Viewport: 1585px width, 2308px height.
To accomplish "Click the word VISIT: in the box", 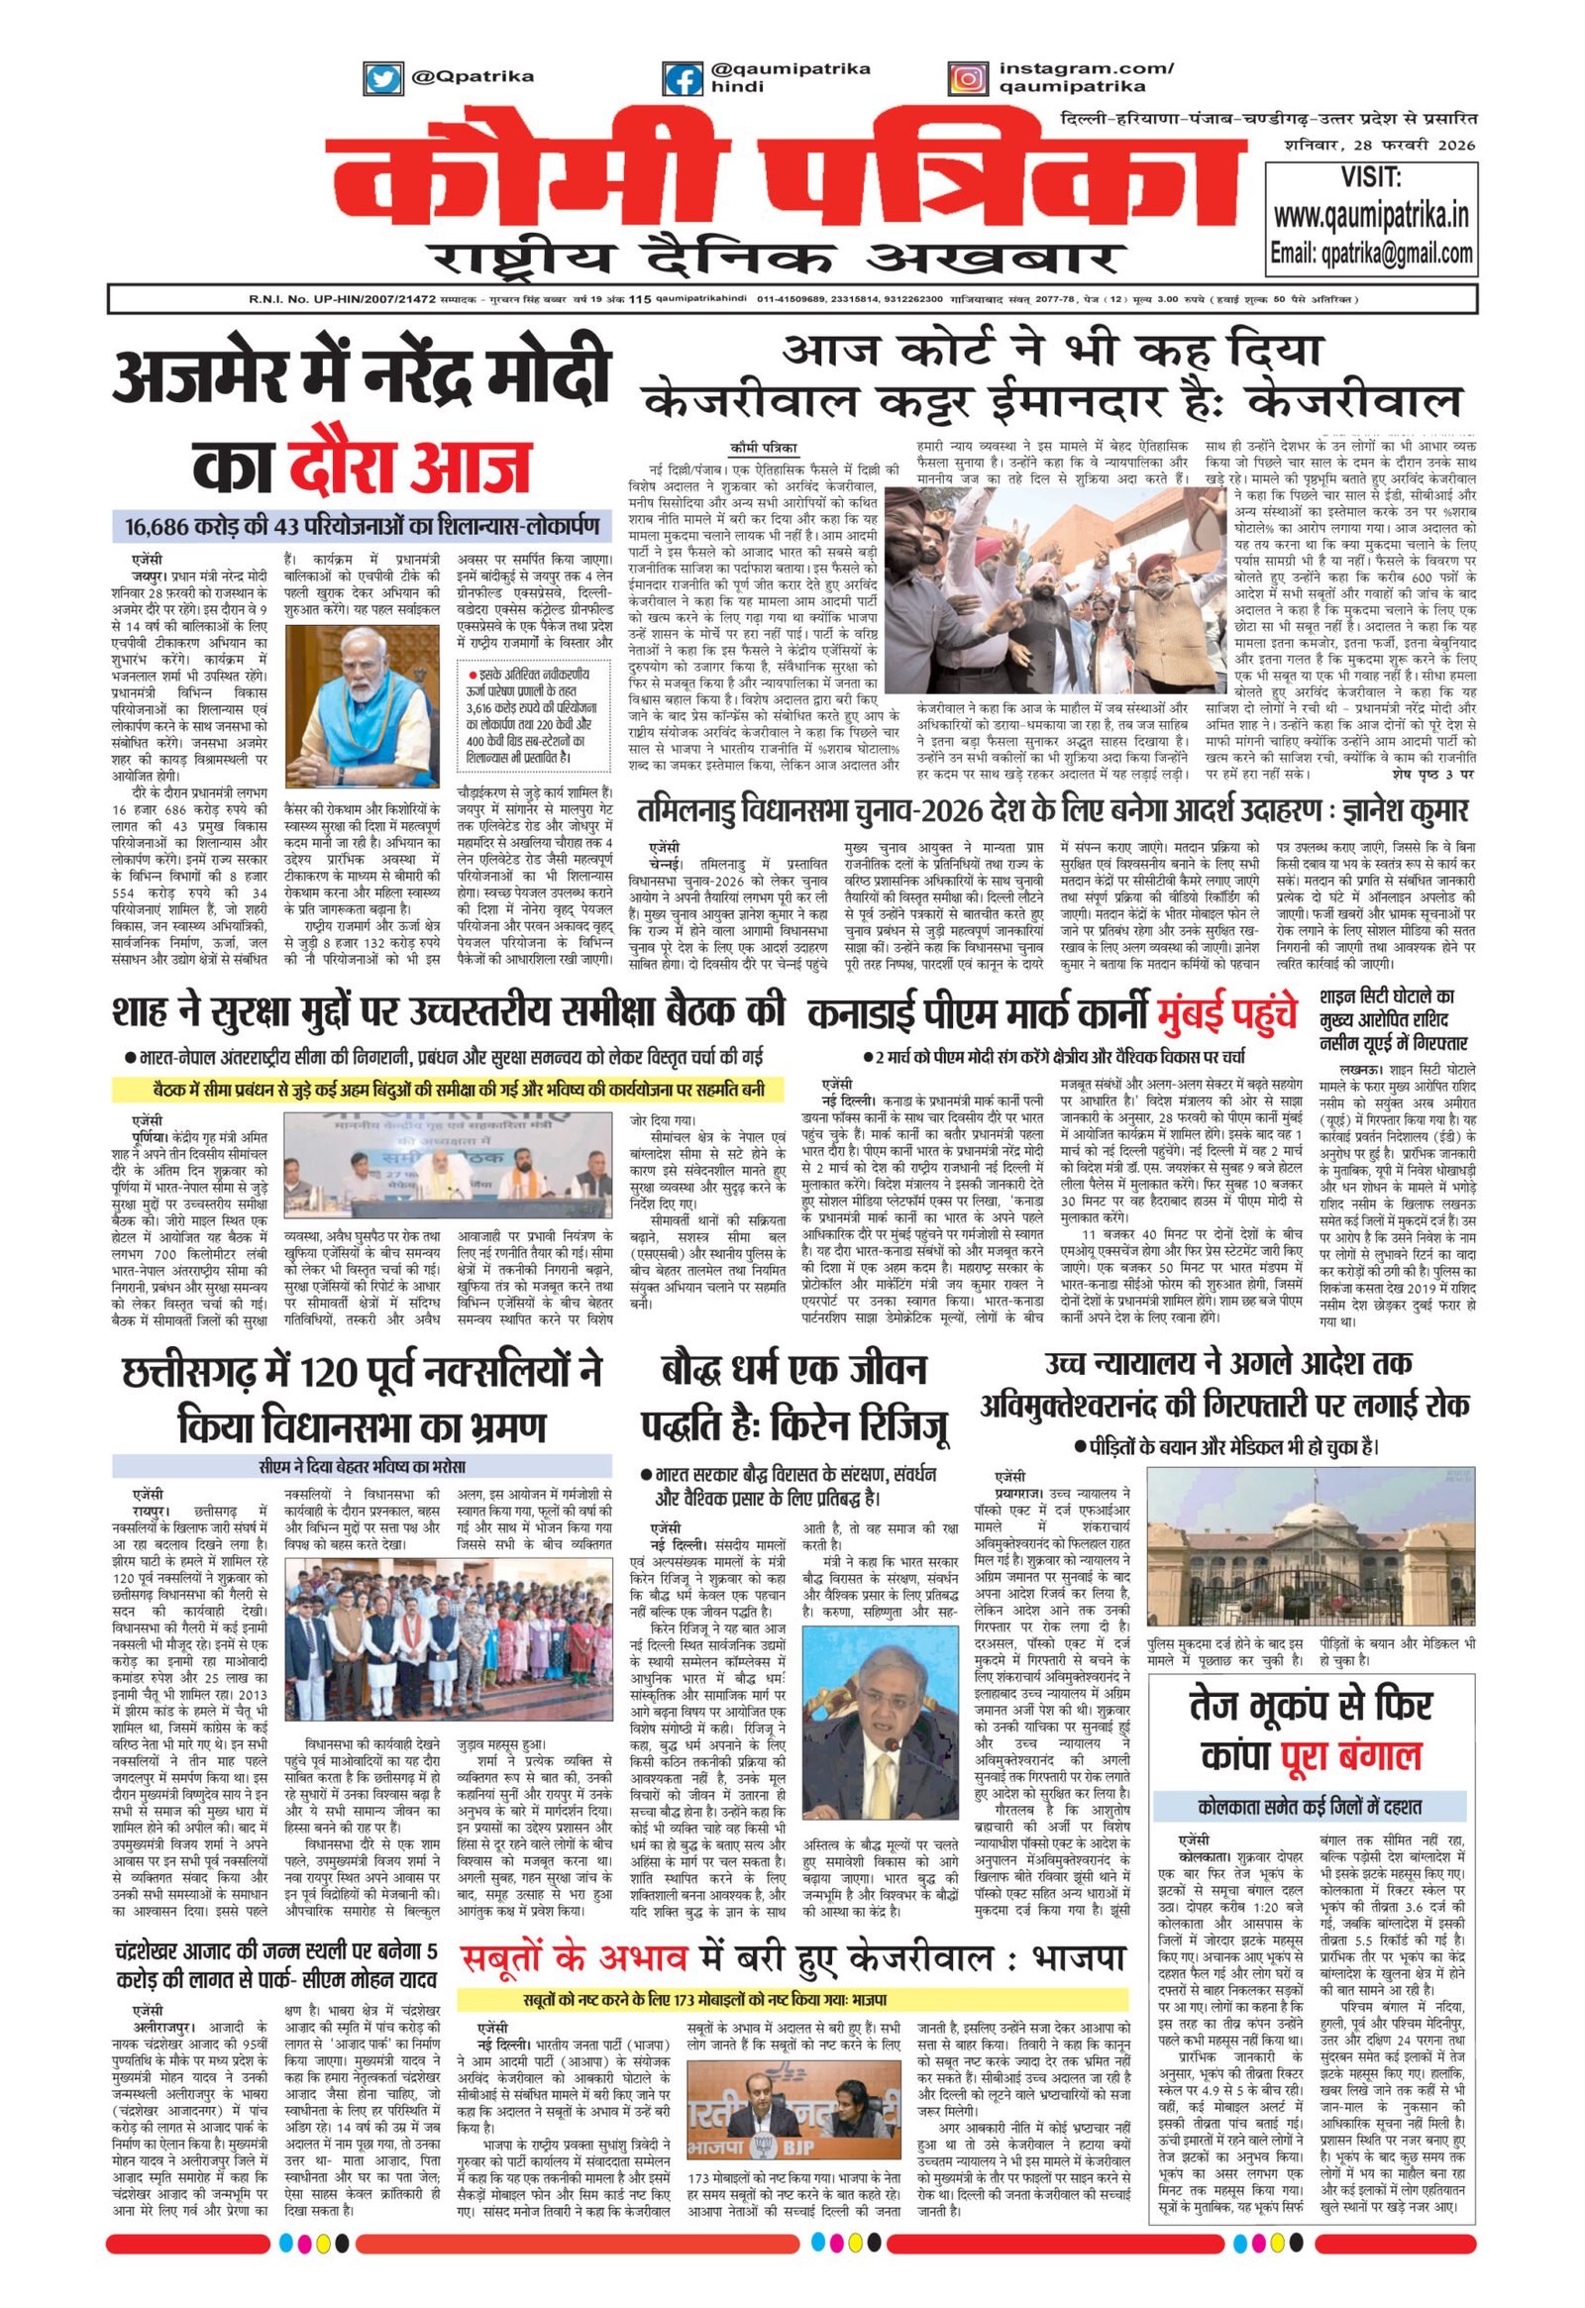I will tap(1371, 177).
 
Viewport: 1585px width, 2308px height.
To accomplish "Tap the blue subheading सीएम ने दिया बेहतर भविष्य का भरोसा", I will tap(361, 1466).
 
